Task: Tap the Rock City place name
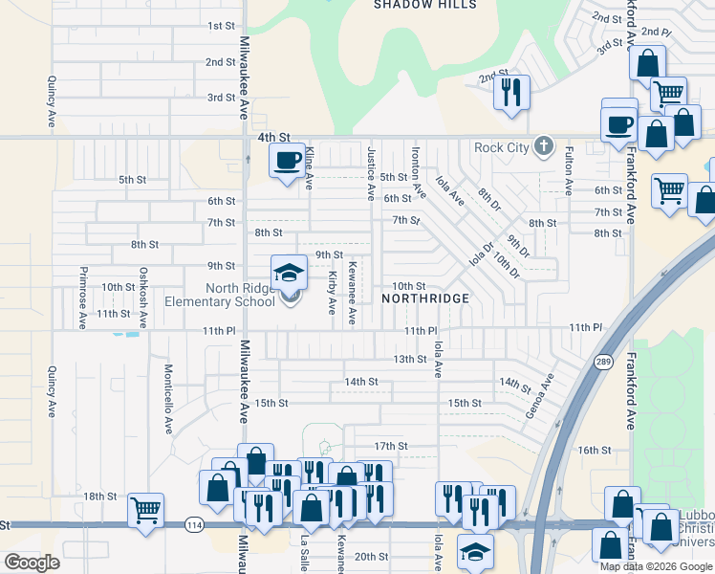click(x=502, y=147)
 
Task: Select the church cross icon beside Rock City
click(x=544, y=146)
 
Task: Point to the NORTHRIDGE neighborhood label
click(x=425, y=298)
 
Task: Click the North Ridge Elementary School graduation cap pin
click(x=289, y=274)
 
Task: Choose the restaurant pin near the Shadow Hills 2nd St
click(x=510, y=92)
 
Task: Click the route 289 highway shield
click(x=604, y=362)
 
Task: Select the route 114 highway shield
click(x=194, y=524)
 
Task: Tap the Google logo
click(x=32, y=563)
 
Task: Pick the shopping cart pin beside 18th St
click(x=145, y=510)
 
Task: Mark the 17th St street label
click(x=390, y=446)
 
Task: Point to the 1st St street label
click(x=221, y=25)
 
